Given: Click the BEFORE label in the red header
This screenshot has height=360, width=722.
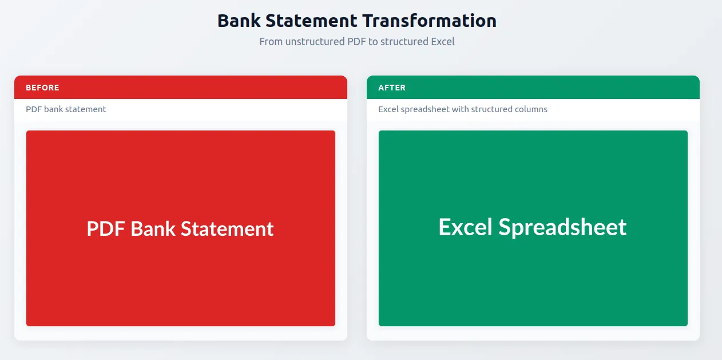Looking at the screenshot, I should click(42, 88).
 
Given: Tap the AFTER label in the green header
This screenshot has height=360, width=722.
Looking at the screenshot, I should click(392, 88).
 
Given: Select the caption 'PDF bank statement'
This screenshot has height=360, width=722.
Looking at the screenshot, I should click(66, 109).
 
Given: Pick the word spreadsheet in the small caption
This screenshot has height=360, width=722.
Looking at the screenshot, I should click(425, 109).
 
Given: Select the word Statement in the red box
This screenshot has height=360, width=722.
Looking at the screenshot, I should click(227, 229).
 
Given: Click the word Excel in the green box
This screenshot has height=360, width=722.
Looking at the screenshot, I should click(465, 227).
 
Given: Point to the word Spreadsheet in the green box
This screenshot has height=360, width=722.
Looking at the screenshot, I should click(562, 227).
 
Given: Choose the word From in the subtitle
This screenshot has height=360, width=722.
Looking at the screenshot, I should click(271, 42).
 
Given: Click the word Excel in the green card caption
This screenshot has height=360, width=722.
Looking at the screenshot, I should click(388, 109).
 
